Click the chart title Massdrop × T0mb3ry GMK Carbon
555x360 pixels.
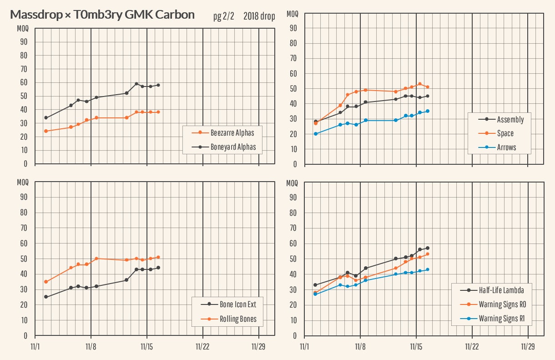pyautogui.click(x=102, y=15)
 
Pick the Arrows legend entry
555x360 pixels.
pyautogui.click(x=506, y=147)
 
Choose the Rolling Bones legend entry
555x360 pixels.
pyautogui.click(x=238, y=319)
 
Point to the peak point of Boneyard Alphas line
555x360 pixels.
pyautogui.click(x=136, y=84)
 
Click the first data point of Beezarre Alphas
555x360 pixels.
pyautogui.click(x=46, y=131)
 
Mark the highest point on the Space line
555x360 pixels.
pyautogui.click(x=420, y=84)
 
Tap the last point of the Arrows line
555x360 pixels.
pyautogui.click(x=428, y=111)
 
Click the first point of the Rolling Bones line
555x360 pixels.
pyautogui.click(x=46, y=282)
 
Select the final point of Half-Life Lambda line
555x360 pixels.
pyautogui.click(x=428, y=248)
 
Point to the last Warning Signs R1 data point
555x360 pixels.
pyautogui.click(x=428, y=269)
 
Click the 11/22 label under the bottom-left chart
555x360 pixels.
pyautogui.click(x=202, y=346)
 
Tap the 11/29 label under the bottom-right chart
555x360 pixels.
pyautogui.click(x=528, y=346)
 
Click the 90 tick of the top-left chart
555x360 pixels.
pyautogui.click(x=23, y=42)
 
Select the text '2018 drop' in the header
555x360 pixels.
pyautogui.click(x=259, y=17)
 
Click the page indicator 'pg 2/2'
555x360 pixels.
pyautogui.click(x=223, y=17)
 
